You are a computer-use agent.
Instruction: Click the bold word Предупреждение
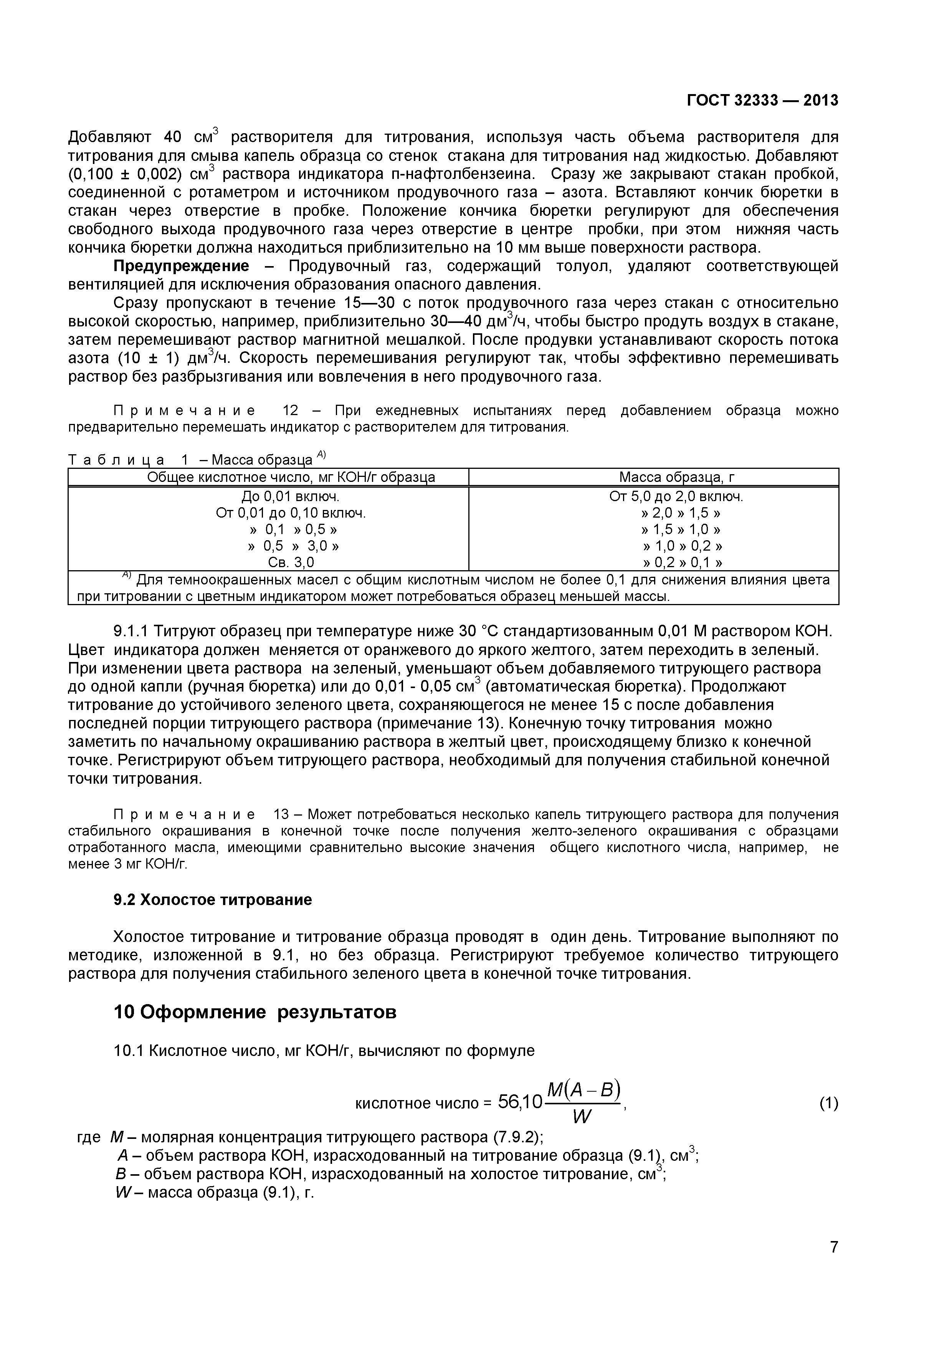pos(181,266)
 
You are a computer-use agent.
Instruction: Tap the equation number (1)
pos(828,1104)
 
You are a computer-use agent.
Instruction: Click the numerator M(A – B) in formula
pos(583,1090)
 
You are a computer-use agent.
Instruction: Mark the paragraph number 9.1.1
pos(132,632)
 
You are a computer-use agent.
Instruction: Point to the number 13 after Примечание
pos(282,814)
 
